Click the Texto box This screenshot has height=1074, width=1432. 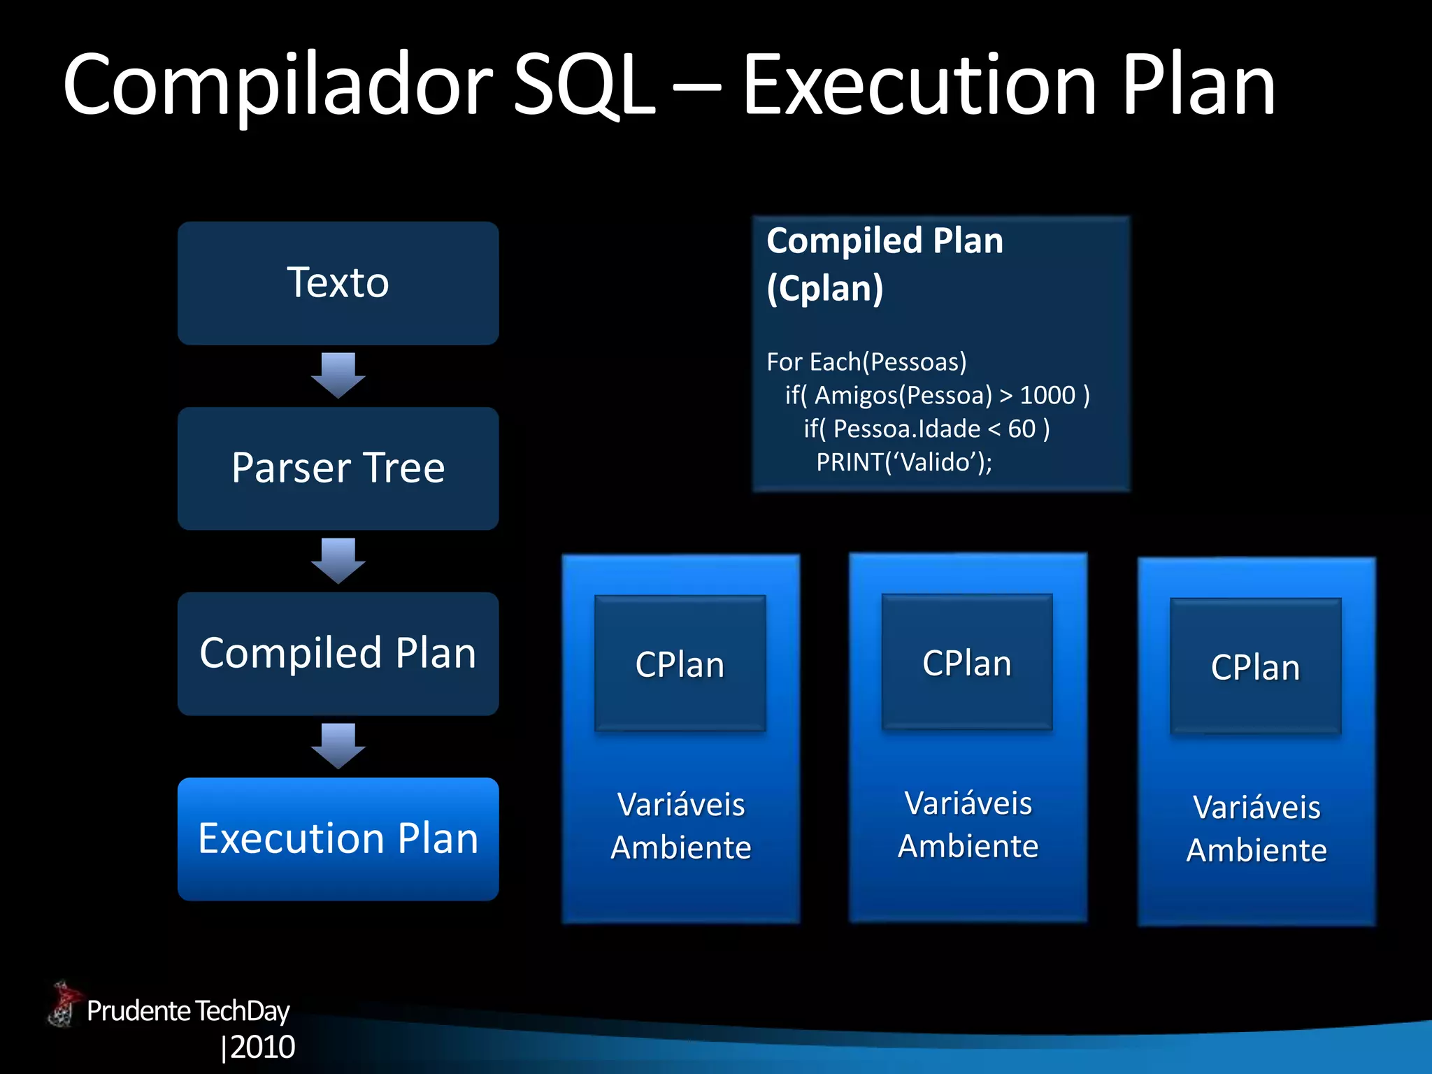tap(338, 283)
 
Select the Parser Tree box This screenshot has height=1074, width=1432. tap(338, 468)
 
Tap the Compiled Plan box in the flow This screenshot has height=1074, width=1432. tap(338, 654)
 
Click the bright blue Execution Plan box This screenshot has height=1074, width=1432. tap(338, 838)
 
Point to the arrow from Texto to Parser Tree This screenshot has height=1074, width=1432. tap(338, 376)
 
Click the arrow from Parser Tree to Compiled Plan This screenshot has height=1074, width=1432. tap(338, 561)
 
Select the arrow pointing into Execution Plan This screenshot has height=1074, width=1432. tap(338, 747)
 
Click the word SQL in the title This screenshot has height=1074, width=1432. tap(584, 85)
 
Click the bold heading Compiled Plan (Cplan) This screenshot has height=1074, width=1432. tap(885, 264)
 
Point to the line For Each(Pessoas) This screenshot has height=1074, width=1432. tap(866, 362)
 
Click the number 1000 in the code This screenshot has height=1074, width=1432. tap(1047, 396)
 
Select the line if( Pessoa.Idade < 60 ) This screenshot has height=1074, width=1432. tap(926, 429)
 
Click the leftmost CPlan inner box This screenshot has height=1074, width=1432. tap(680, 664)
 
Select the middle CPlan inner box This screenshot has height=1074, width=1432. tap(967, 662)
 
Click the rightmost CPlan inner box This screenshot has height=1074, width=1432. tap(1255, 666)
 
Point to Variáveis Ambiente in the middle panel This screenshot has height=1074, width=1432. tap(968, 824)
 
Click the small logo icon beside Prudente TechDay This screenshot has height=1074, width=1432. tap(64, 1005)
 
